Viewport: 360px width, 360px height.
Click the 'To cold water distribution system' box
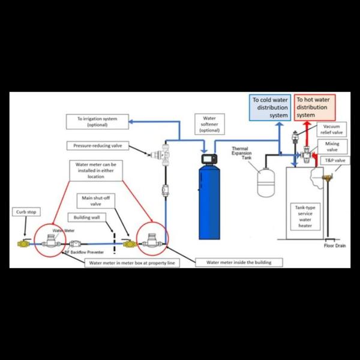270,107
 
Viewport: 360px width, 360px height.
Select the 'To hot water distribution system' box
315,107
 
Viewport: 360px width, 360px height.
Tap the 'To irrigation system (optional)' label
97,122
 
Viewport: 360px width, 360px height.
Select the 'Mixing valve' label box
332,147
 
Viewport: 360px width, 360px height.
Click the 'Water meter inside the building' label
235,262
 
